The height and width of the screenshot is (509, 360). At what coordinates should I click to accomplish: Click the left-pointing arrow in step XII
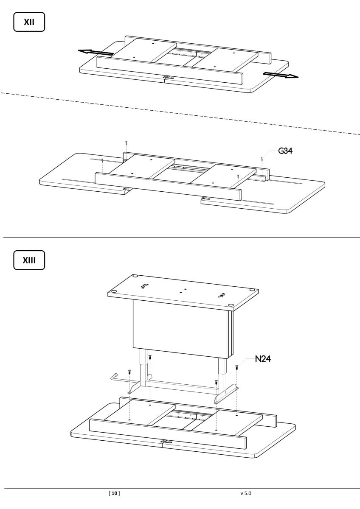(96, 52)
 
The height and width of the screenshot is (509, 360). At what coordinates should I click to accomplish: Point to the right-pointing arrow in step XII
(281, 76)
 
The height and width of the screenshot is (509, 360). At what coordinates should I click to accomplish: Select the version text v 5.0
(246, 494)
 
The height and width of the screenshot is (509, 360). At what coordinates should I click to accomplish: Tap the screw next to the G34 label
(262, 159)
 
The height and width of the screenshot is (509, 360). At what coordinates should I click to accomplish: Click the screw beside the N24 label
(236, 367)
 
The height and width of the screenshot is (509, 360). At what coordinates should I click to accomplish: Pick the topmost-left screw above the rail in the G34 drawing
(126, 143)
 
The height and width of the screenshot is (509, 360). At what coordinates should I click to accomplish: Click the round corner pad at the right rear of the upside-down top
(253, 290)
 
